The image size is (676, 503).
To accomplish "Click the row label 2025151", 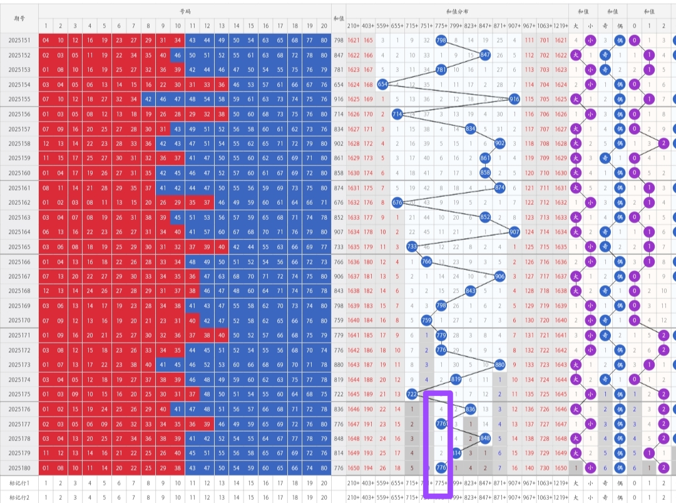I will pos(19,40).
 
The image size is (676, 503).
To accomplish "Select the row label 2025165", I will pos(19,247).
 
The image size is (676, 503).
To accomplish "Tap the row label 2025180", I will pos(19,468).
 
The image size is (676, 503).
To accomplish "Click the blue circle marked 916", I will pos(515,99).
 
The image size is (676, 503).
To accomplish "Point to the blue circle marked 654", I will pos(383,84).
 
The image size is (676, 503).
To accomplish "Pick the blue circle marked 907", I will pos(515,232).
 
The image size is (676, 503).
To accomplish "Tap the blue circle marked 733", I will pos(412,247).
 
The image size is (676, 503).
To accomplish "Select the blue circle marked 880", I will pos(499,365).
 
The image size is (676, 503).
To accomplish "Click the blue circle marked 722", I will pos(412,394).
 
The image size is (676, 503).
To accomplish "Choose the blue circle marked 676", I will pos(397,202).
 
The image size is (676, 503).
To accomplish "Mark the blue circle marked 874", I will pos(499,187).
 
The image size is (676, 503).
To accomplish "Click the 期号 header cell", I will pos(19,18).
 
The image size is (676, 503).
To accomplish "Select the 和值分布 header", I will pos(457,11).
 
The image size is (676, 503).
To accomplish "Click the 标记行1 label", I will pos(19,483).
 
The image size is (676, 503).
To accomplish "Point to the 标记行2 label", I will pos(19,497).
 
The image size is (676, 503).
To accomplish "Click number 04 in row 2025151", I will pos(45,40).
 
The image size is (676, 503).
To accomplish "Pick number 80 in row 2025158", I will pos(324,143).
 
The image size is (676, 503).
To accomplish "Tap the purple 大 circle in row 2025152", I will pos(576,54).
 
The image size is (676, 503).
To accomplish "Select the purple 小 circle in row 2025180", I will pos(590,468).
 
